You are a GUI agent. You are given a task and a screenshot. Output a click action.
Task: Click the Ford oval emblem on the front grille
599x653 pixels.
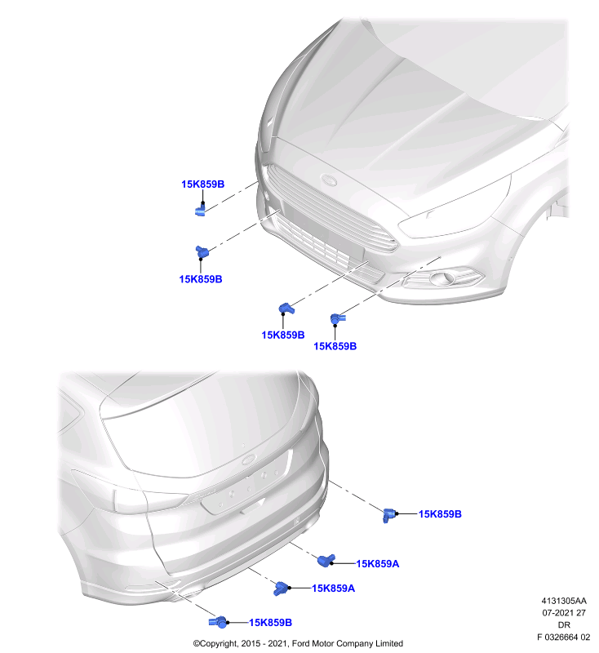click(329, 180)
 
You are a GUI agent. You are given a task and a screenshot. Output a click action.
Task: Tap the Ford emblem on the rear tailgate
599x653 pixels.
click(249, 459)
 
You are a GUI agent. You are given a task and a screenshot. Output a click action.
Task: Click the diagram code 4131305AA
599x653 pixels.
click(564, 601)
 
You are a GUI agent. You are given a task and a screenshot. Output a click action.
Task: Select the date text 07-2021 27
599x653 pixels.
click(564, 613)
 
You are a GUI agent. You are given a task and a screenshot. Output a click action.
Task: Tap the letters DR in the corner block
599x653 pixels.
click(564, 624)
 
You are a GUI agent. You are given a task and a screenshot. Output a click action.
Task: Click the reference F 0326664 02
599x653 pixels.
click(563, 637)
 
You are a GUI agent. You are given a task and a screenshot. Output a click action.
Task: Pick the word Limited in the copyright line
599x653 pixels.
click(388, 643)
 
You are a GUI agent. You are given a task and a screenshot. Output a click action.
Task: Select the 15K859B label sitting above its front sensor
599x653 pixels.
click(202, 184)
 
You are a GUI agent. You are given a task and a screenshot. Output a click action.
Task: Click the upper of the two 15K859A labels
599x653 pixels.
click(378, 563)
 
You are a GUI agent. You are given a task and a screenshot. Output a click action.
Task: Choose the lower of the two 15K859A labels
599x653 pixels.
click(334, 588)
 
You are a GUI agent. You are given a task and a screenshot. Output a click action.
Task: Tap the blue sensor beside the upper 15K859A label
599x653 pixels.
click(326, 560)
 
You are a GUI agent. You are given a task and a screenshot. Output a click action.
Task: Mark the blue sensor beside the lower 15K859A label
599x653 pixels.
click(281, 588)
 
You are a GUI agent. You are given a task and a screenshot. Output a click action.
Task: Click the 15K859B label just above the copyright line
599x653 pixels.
click(271, 623)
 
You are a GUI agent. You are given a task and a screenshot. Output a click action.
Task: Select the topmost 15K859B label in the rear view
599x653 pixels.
click(440, 514)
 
